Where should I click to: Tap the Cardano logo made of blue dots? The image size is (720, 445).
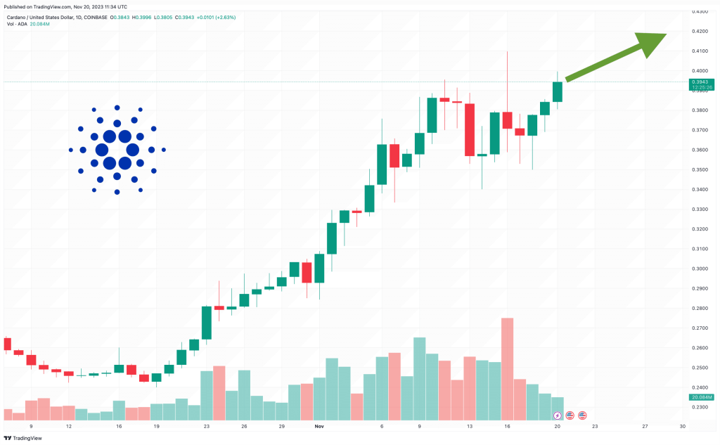click(x=117, y=149)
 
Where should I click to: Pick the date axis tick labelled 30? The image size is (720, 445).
click(x=682, y=426)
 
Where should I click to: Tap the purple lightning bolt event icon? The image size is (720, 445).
click(x=558, y=415)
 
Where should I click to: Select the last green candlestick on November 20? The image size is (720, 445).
click(x=558, y=91)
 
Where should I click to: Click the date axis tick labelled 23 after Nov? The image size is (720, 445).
click(x=595, y=426)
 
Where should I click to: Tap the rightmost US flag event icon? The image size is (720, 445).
click(x=582, y=415)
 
